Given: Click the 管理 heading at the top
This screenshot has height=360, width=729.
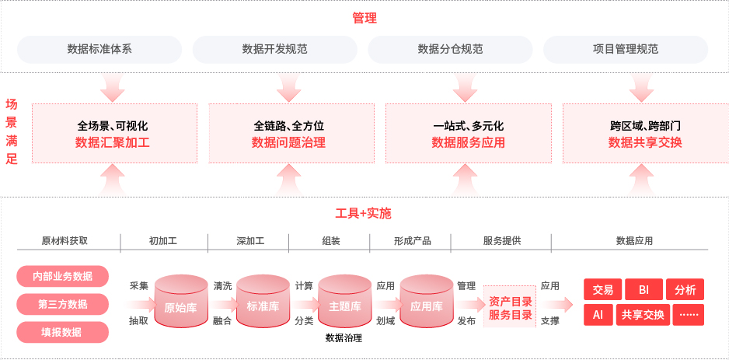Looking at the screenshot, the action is coord(364,18).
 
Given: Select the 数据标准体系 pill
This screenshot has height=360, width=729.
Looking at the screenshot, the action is coord(99,49).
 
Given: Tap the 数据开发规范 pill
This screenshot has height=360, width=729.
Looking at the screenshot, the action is coord(275,49).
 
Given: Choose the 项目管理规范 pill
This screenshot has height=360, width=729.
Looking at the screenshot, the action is coord(626,49).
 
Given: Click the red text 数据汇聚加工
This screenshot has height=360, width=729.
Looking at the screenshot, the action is coord(113,143).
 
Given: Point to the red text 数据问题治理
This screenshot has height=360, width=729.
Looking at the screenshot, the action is coord(288,143).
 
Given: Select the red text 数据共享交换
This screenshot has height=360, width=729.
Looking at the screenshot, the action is coord(645,143).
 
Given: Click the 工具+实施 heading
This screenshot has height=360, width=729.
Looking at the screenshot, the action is coord(364,214).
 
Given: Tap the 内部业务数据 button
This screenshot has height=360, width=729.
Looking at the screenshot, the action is coord(63,276).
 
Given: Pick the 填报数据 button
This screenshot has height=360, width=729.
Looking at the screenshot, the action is coord(63,332).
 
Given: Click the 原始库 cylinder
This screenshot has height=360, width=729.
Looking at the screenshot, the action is coord(181,302).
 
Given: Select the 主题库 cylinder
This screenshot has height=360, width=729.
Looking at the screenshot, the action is coord(344,302).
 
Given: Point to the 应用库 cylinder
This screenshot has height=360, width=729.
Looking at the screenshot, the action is coord(427,302).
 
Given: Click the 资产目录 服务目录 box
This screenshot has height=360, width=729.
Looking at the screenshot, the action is coord(510,308).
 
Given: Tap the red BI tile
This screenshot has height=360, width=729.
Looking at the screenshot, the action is coord(644,290).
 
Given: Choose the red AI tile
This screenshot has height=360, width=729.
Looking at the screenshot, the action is coord(598,316).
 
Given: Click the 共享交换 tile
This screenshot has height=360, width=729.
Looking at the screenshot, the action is coord(643,316).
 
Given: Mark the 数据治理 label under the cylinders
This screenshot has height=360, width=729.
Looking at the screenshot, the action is coord(344,338).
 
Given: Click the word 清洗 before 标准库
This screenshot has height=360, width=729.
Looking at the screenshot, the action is coord(223,286).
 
